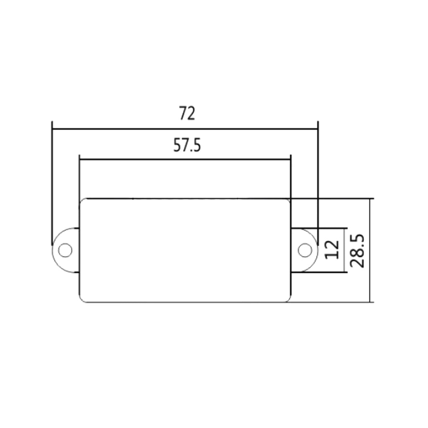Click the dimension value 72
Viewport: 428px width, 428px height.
tap(187, 114)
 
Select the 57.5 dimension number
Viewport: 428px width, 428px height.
tap(187, 145)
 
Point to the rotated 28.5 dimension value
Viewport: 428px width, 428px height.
tap(357, 251)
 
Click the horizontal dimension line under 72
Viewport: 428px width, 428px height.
tap(185, 129)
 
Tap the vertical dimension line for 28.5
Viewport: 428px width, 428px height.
tap(370, 251)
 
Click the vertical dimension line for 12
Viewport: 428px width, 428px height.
tap(344, 250)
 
